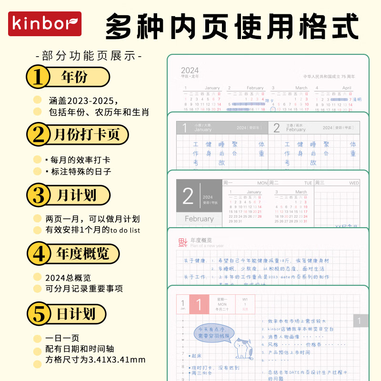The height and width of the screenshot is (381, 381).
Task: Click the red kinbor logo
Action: pyautogui.click(x=45, y=24)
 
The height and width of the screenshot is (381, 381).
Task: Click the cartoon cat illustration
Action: pyautogui.click(x=244, y=349)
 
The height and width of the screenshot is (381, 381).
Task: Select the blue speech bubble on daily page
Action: pyautogui.click(x=214, y=332)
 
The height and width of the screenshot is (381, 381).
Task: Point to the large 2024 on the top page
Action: pyautogui.click(x=190, y=70)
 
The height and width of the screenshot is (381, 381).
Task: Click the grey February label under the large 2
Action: pyautogui.click(x=199, y=219)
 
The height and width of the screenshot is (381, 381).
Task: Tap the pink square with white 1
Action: pyautogui.click(x=199, y=304)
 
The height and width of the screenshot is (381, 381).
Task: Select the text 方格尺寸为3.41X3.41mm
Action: pyautogui.click(x=95, y=360)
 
